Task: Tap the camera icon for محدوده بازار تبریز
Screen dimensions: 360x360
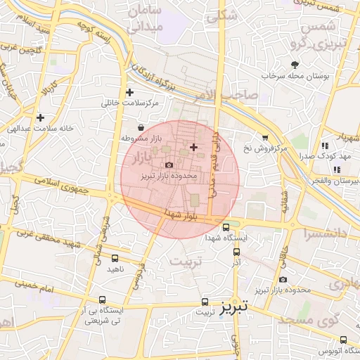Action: pyautogui.click(x=168, y=165)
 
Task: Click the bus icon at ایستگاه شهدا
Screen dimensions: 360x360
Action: pyautogui.click(x=226, y=227)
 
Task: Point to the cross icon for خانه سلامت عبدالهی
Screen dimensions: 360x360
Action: pyautogui.click(x=41, y=117)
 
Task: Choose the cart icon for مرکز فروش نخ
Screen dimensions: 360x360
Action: pyautogui.click(x=265, y=138)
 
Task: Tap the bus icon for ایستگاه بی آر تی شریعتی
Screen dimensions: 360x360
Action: pyautogui.click(x=103, y=300)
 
